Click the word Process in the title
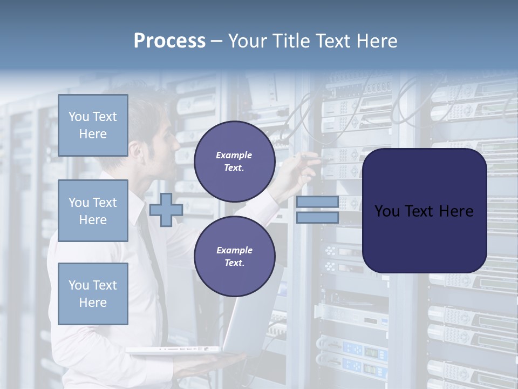click(169, 41)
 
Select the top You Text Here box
click(93, 125)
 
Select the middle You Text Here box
click(93, 211)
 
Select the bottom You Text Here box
click(93, 293)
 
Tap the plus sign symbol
click(166, 210)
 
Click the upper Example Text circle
click(235, 161)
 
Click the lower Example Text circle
click(235, 256)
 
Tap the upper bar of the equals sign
click(317, 202)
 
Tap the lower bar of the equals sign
click(317, 218)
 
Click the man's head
click(154, 135)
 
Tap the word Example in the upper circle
click(234, 155)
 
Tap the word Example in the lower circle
click(234, 250)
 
